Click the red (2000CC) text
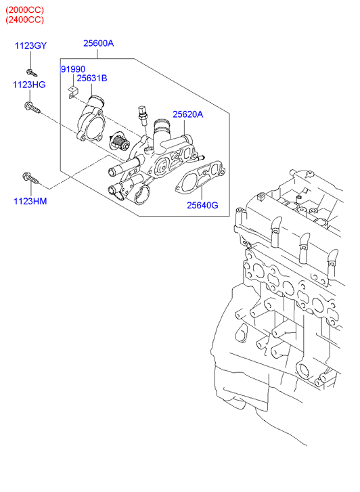25,9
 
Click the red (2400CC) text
25,20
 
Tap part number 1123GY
30,46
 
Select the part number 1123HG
29,85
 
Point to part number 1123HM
30,201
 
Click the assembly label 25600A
99,43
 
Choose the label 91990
73,69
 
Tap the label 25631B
92,78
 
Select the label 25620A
188,114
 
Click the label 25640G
202,205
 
